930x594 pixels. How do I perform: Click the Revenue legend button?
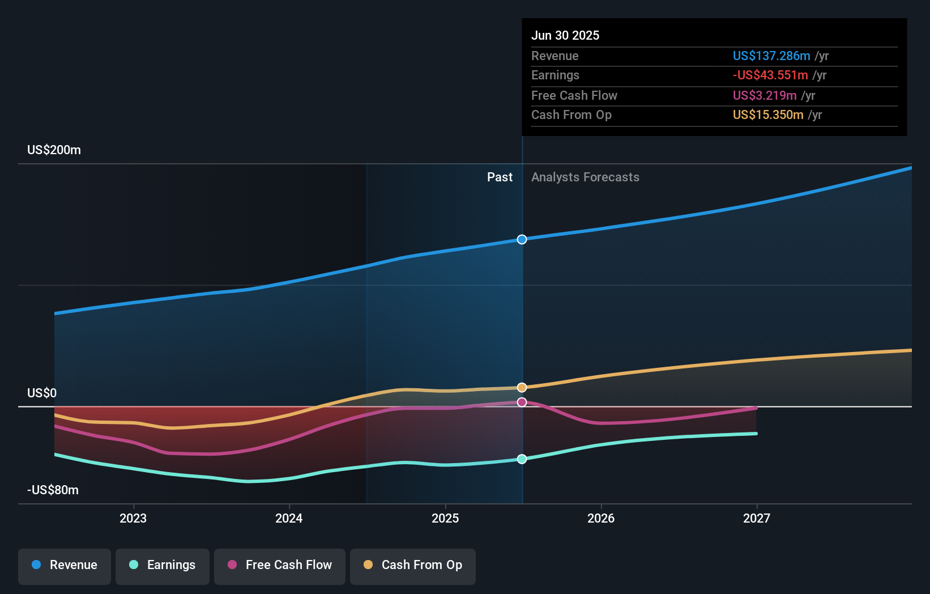click(x=65, y=565)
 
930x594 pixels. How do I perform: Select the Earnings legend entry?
click(x=163, y=565)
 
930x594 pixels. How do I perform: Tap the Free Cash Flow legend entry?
click(x=280, y=565)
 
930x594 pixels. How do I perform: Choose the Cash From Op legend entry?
click(x=413, y=565)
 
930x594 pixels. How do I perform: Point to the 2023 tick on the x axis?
click(x=133, y=518)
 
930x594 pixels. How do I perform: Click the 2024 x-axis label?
click(x=289, y=518)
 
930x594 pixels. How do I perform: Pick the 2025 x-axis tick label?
click(x=445, y=518)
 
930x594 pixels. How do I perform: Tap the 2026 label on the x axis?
click(x=601, y=518)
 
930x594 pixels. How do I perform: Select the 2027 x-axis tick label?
click(x=757, y=518)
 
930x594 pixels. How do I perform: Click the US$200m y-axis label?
click(x=54, y=150)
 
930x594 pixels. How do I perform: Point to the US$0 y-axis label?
click(x=42, y=393)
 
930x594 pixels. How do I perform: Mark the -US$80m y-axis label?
click(x=53, y=490)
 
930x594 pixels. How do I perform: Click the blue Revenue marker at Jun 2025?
click(x=522, y=240)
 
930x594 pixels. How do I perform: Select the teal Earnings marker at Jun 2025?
click(x=522, y=459)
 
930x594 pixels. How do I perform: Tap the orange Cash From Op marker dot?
click(x=522, y=388)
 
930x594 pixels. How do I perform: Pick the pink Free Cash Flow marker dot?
click(x=522, y=402)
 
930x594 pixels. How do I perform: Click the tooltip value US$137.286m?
click(x=771, y=56)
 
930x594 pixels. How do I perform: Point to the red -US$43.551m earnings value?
click(x=770, y=75)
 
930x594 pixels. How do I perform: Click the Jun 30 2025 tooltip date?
click(x=565, y=36)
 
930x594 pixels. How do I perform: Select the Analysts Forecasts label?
click(x=585, y=177)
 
